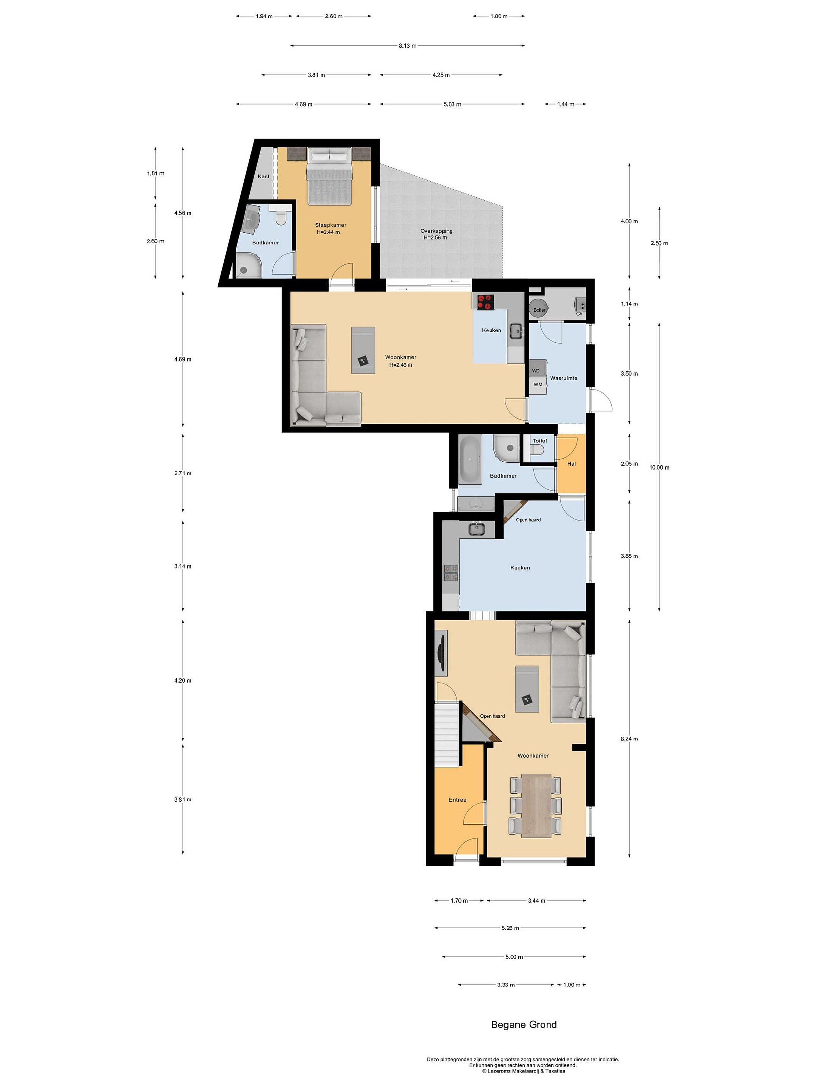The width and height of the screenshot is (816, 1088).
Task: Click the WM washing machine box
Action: coord(538,384)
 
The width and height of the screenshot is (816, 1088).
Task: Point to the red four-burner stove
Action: coord(485,301)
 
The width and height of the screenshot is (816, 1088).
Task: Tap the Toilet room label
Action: coord(539,441)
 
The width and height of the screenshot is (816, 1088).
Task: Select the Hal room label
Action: coord(571,463)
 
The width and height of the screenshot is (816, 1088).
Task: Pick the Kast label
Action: coord(264,176)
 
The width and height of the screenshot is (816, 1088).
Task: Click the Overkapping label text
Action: coord(436,231)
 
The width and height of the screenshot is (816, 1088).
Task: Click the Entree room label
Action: coord(457,800)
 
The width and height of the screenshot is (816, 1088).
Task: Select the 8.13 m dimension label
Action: coord(407,46)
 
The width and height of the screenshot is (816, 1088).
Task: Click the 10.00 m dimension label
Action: coord(659,467)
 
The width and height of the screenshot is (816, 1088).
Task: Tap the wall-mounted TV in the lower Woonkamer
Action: coord(441,653)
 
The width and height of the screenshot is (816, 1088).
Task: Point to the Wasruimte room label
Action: coord(564,378)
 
